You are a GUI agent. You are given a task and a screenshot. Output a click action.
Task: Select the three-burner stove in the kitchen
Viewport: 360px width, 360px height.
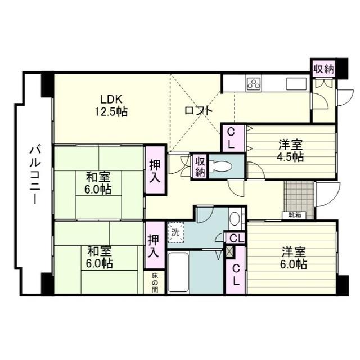pos(253,84)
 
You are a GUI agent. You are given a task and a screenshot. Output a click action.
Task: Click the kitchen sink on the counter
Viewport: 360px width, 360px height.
pos(295,84)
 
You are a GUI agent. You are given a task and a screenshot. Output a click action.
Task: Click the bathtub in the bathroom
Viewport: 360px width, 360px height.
pos(178,272)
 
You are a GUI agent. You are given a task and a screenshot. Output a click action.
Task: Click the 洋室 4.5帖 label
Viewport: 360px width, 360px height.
pos(290,150)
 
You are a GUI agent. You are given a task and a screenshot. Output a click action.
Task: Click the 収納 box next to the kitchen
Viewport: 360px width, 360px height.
pos(323,69)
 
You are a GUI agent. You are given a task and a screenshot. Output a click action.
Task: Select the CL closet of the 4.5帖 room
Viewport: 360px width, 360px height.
pos(231,138)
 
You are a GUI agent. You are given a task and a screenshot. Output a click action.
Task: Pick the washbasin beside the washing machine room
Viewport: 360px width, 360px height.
pos(235,217)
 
